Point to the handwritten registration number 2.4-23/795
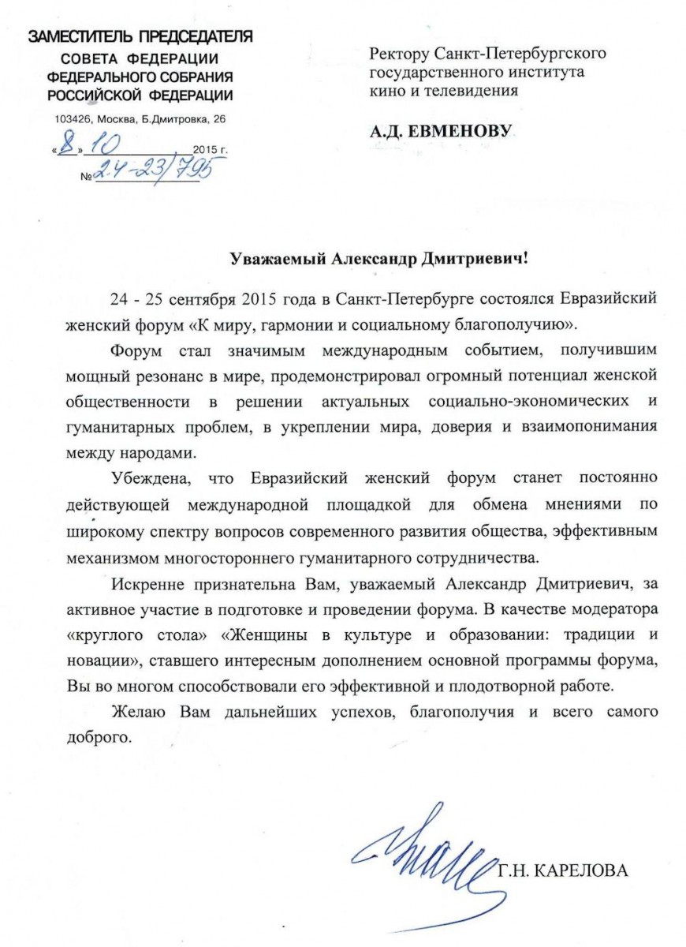[x=154, y=169]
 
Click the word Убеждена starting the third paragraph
[x=148, y=478]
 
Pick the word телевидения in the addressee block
[x=469, y=90]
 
